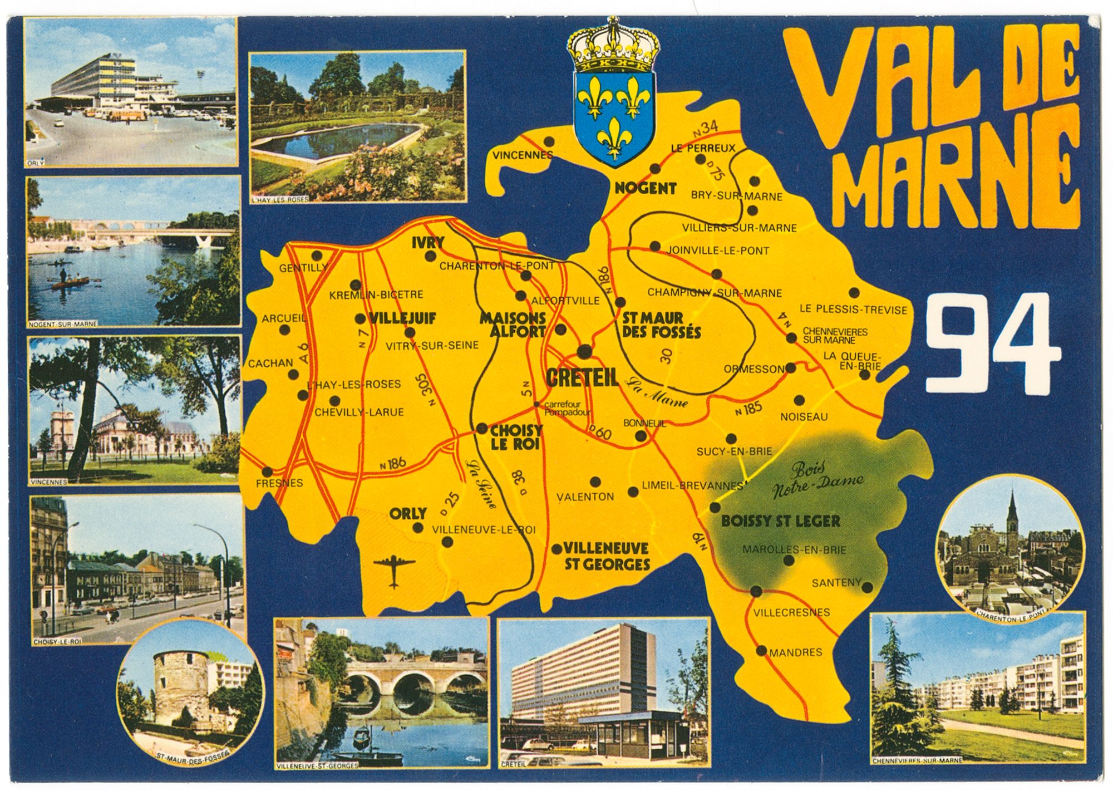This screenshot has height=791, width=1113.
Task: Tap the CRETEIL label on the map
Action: [x=582, y=379]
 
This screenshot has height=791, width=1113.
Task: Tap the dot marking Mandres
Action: [x=761, y=650]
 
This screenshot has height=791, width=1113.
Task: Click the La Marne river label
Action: [x=656, y=392]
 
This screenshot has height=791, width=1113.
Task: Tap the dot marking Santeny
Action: [x=866, y=586]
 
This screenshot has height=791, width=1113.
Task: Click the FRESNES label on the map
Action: [x=279, y=483]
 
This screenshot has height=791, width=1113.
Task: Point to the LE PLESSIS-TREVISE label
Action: [x=853, y=310]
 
